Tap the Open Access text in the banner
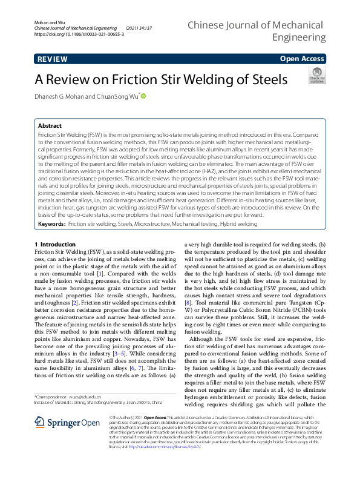pos(302,59)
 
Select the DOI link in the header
pos(80,35)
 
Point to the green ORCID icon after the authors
pos(144,95)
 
